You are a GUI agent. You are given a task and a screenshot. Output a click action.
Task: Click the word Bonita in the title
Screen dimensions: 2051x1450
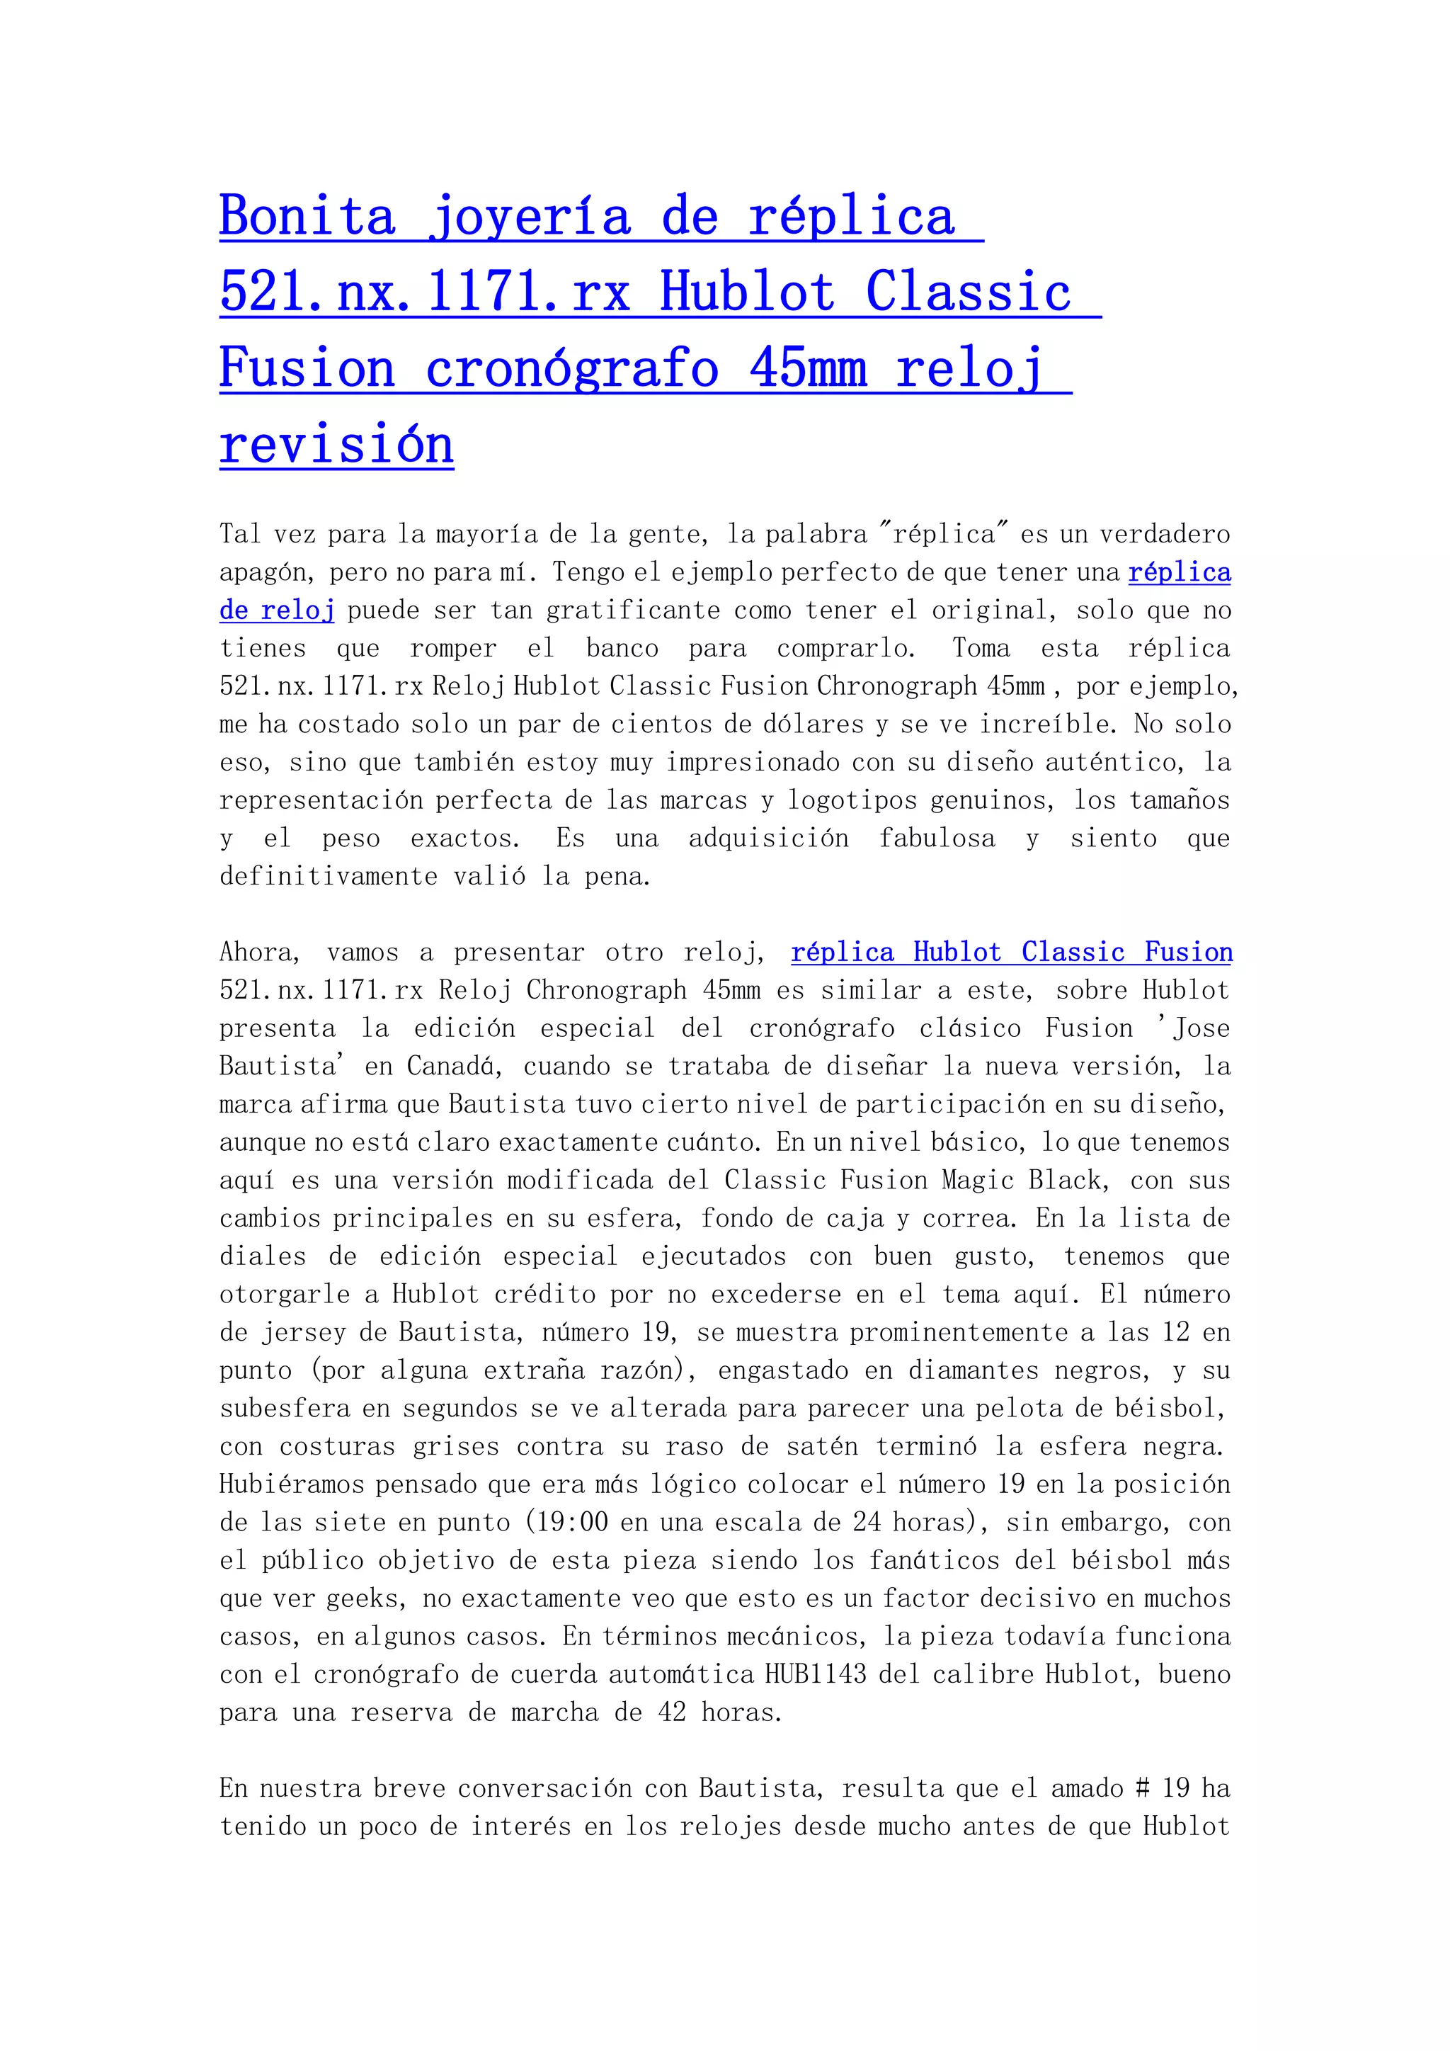[307, 217]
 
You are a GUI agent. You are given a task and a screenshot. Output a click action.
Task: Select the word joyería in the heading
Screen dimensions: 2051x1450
[530, 217]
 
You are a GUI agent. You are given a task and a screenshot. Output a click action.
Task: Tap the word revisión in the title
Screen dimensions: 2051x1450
[336, 444]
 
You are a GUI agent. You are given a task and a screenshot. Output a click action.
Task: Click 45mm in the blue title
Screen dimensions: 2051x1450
[808, 368]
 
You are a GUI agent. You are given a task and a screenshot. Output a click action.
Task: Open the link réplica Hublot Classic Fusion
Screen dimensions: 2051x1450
[1012, 953]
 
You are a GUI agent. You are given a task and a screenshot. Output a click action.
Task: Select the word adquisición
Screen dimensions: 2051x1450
[768, 839]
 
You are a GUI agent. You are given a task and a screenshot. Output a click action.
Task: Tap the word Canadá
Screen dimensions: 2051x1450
[454, 1067]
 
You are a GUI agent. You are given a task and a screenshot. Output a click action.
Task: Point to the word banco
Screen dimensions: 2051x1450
[622, 649]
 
